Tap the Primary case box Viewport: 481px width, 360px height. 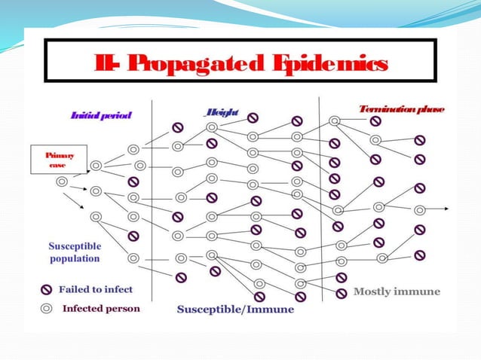54,160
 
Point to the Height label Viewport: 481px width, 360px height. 222,113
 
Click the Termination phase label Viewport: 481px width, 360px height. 402,109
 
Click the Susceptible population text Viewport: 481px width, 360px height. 75,252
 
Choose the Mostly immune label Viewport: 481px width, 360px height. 397,291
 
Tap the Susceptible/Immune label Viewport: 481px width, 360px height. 235,309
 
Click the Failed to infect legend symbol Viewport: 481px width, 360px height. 46,288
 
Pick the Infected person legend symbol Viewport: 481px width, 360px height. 46,308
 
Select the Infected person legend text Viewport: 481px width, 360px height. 101,308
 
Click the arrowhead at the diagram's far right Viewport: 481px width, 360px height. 449,210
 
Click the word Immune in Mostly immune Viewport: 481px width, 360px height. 421,291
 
